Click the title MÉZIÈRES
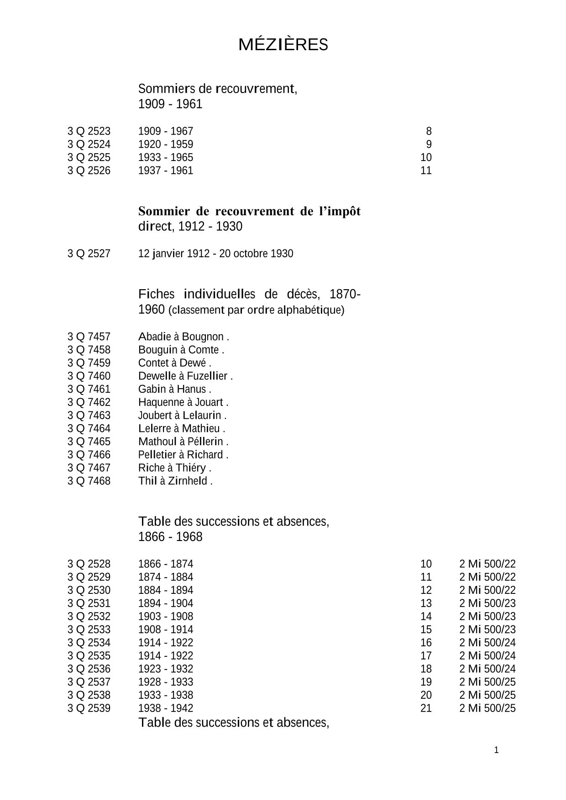tap(283, 45)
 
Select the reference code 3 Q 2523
tap(89, 131)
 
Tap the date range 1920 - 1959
tap(166, 145)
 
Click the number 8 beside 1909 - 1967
tap(429, 131)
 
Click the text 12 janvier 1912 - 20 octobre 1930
tap(215, 254)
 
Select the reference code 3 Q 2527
tap(89, 254)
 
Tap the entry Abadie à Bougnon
tap(183, 337)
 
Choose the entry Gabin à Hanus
tap(174, 390)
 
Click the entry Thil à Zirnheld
tap(175, 481)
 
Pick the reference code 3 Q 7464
tap(89, 429)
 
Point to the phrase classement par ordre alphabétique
tap(256, 311)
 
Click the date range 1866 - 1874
tap(166, 564)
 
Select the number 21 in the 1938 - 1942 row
tap(426, 708)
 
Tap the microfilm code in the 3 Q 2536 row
tap(487, 669)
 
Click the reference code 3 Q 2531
tap(89, 603)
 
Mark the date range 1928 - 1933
tap(166, 682)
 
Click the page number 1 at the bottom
tap(497, 750)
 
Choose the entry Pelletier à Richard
tap(183, 455)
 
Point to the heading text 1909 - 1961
tap(170, 104)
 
